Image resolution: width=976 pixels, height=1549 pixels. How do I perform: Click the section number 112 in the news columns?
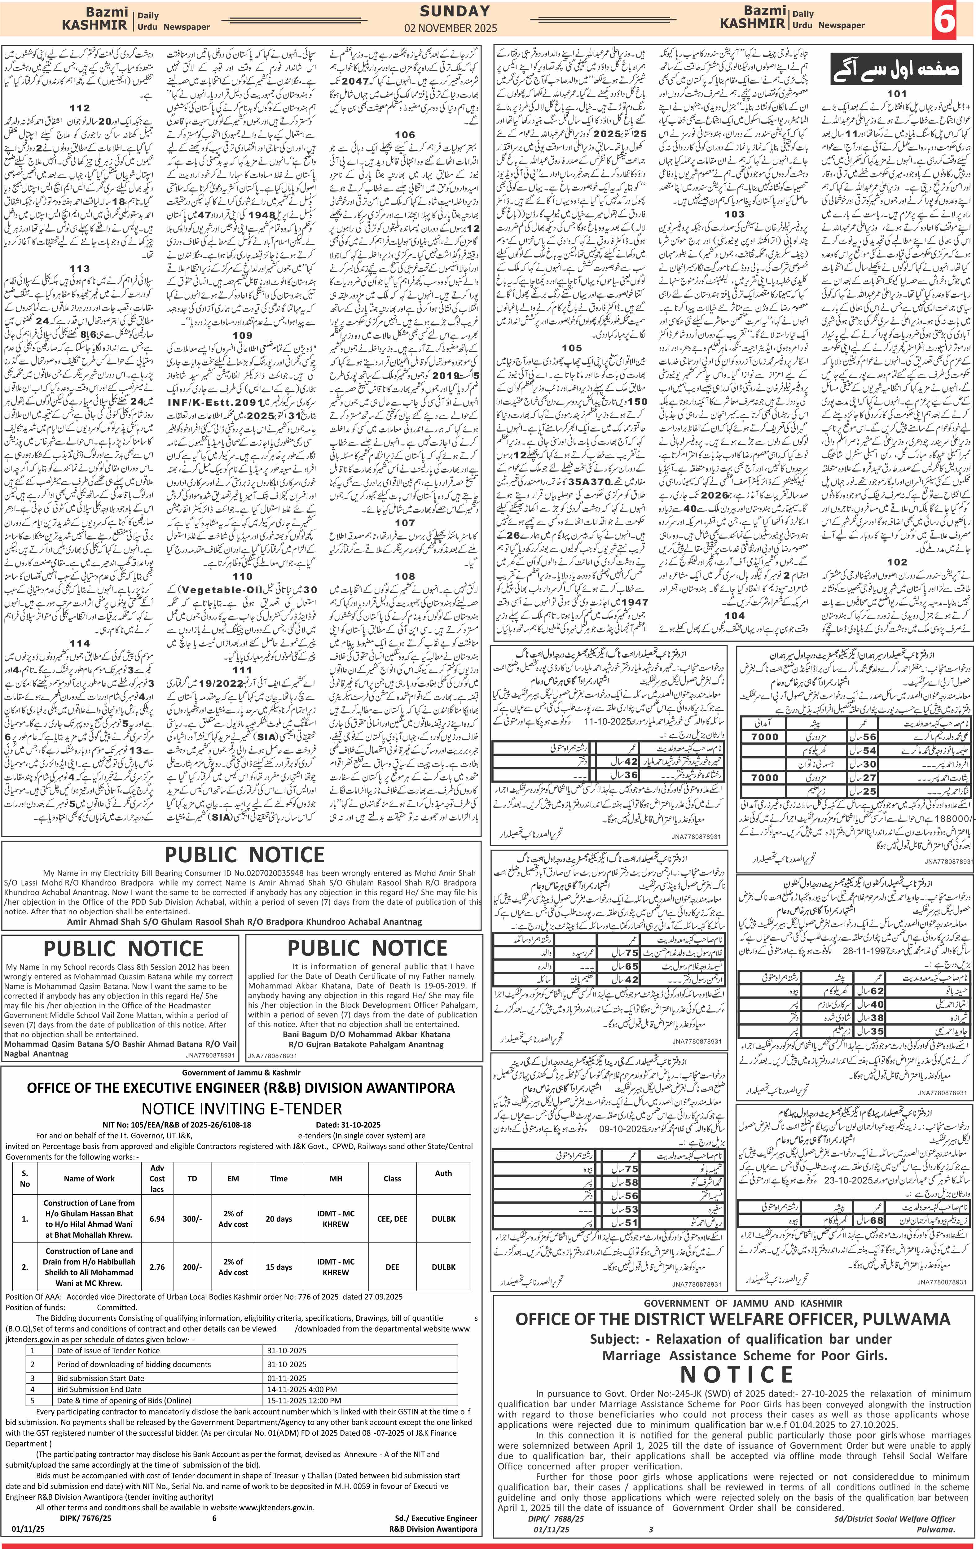click(x=80, y=108)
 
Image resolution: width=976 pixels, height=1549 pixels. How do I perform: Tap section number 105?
click(x=571, y=348)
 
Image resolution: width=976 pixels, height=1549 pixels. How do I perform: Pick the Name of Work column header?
click(x=90, y=1179)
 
